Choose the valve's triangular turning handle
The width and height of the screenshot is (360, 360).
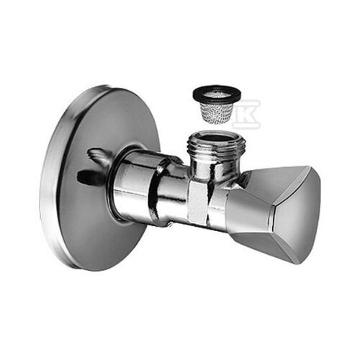click(x=277, y=209)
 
